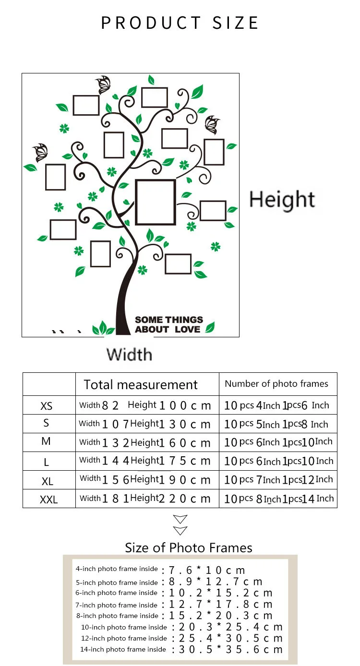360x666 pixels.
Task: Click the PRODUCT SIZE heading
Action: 180,23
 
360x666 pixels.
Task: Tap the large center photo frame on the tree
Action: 155,202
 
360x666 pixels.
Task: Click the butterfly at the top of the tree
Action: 104,85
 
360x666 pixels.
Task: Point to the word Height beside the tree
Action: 282,200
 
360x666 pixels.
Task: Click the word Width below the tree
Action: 129,355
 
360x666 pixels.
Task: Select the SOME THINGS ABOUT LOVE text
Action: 168,324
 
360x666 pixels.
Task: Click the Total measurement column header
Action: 141,385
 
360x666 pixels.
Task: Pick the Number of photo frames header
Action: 276,384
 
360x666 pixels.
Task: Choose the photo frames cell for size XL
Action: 278,480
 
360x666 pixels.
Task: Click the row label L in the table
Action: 47,462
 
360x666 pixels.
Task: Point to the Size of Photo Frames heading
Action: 189,548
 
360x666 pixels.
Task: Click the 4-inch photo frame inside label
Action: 117,569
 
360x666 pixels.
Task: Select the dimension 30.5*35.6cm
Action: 231,650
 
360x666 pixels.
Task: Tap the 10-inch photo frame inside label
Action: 124,627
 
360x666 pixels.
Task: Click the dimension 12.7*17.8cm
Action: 221,605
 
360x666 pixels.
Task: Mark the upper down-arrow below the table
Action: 180,520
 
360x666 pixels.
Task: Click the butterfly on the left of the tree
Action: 40,153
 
